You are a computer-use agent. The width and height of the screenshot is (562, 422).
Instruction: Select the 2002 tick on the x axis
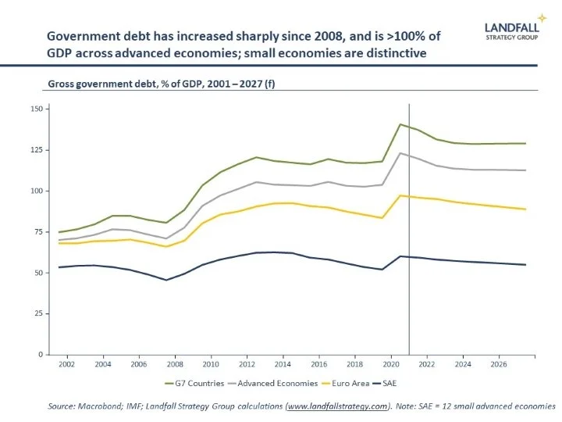(x=69, y=364)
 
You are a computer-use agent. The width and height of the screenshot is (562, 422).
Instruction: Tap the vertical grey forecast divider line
(x=409, y=234)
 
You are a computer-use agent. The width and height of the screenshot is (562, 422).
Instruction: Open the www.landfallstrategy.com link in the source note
(x=337, y=406)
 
